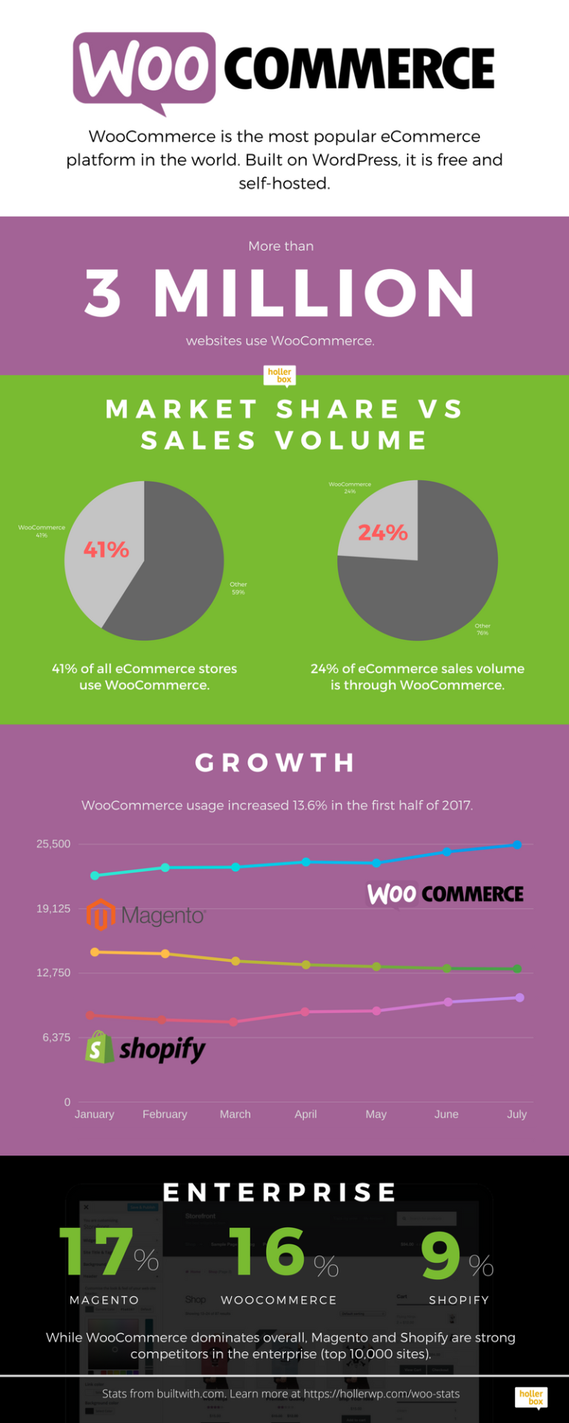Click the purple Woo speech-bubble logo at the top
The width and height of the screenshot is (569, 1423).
(x=144, y=69)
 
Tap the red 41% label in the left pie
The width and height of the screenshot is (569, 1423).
(x=106, y=549)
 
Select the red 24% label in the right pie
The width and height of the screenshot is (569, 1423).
(x=382, y=532)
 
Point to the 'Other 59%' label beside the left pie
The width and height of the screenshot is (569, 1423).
(x=238, y=588)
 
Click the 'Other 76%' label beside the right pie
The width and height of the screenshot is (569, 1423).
(x=482, y=629)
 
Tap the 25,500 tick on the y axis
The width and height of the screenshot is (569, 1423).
(x=53, y=843)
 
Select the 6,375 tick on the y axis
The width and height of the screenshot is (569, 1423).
(x=56, y=1037)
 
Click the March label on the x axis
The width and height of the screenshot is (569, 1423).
(x=235, y=1114)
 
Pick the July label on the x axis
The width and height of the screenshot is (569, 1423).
(x=517, y=1114)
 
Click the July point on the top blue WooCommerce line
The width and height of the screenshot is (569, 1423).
(x=518, y=845)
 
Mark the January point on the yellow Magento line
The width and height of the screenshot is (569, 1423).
(x=94, y=952)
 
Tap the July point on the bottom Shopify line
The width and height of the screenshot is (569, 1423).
(x=520, y=998)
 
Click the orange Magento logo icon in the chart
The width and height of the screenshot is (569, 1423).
(x=101, y=915)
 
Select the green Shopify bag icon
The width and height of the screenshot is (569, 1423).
(x=99, y=1047)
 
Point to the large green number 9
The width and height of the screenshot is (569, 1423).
(x=441, y=1255)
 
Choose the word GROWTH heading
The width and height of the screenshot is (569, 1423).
(x=276, y=763)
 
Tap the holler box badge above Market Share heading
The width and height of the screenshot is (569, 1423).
(x=279, y=376)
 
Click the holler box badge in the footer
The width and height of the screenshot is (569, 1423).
(x=531, y=1397)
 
